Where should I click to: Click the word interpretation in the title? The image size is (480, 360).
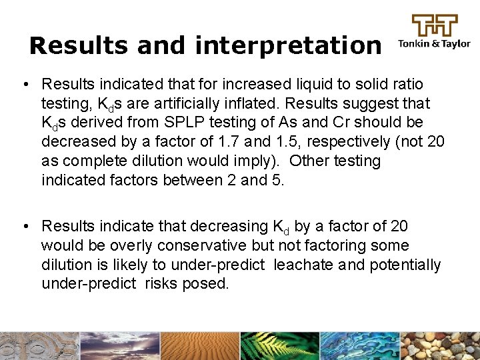[x=288, y=45]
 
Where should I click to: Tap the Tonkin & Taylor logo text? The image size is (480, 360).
[x=434, y=45]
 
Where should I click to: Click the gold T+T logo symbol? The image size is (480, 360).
[x=435, y=25]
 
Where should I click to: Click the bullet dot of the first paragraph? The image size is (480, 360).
[x=24, y=85]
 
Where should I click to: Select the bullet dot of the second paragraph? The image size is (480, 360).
[x=24, y=227]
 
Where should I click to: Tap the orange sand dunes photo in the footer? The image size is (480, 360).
[x=200, y=346]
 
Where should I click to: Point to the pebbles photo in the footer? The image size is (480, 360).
[x=440, y=346]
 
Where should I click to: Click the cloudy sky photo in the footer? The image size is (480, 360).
[x=120, y=346]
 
